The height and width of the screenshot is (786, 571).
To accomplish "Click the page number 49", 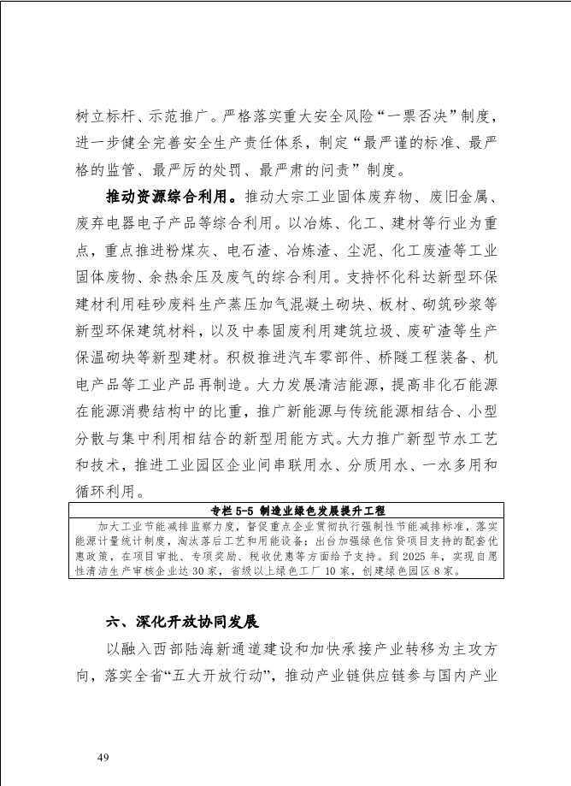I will click(103, 757).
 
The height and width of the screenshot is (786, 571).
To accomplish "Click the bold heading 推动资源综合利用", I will click(171, 198).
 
